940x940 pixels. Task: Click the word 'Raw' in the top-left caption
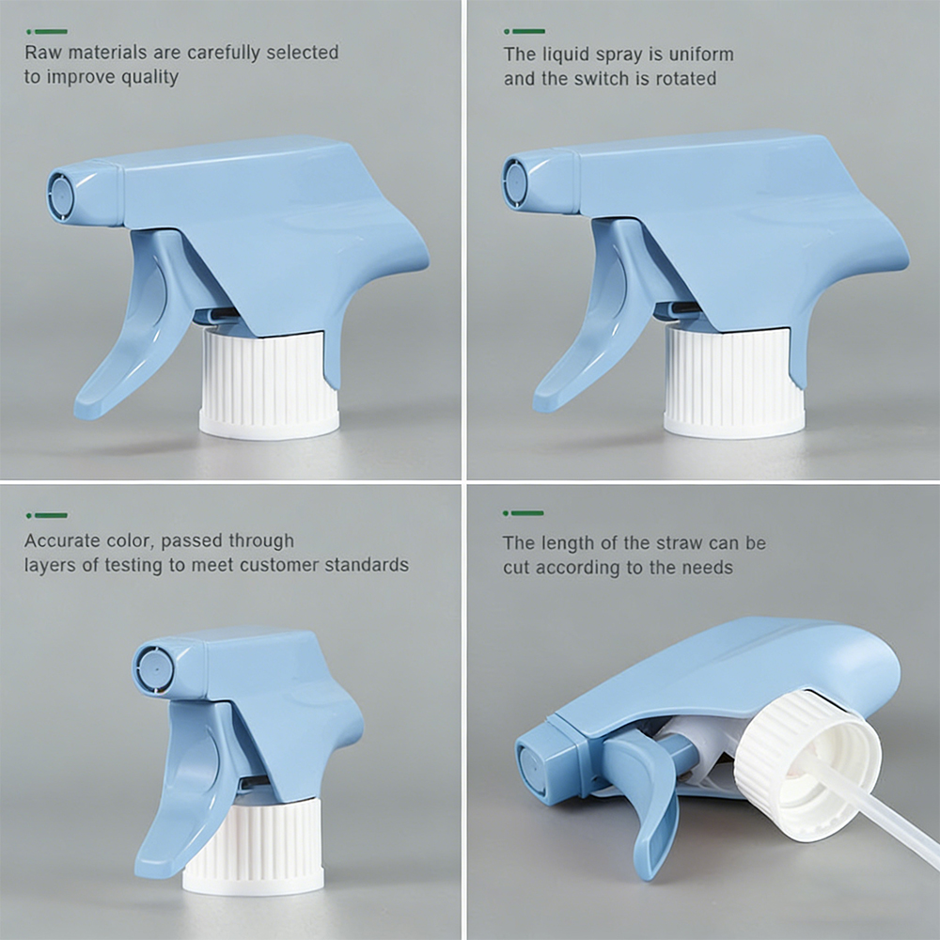43,52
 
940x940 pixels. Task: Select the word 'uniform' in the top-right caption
701,54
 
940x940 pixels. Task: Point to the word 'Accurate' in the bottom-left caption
62,540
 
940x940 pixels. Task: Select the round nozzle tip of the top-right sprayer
515,180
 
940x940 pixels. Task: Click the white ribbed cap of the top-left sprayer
269,383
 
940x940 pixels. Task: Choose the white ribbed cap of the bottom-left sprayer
253,845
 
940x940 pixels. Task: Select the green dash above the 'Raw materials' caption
47,32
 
